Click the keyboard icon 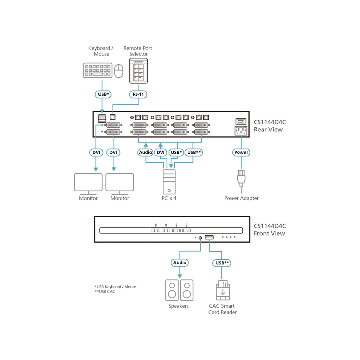98,70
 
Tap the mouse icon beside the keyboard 119,71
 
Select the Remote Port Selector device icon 139,71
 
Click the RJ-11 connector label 139,94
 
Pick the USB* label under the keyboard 102,94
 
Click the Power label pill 241,153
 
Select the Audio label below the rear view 146,153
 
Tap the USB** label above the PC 194,153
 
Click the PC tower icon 169,181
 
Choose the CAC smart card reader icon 223,290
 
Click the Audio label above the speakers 180,263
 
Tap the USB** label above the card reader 222,263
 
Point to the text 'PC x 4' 169,198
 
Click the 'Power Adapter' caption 241,198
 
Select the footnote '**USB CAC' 105,292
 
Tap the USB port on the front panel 209,238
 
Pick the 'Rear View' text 269,129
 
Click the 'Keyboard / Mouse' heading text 101,51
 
